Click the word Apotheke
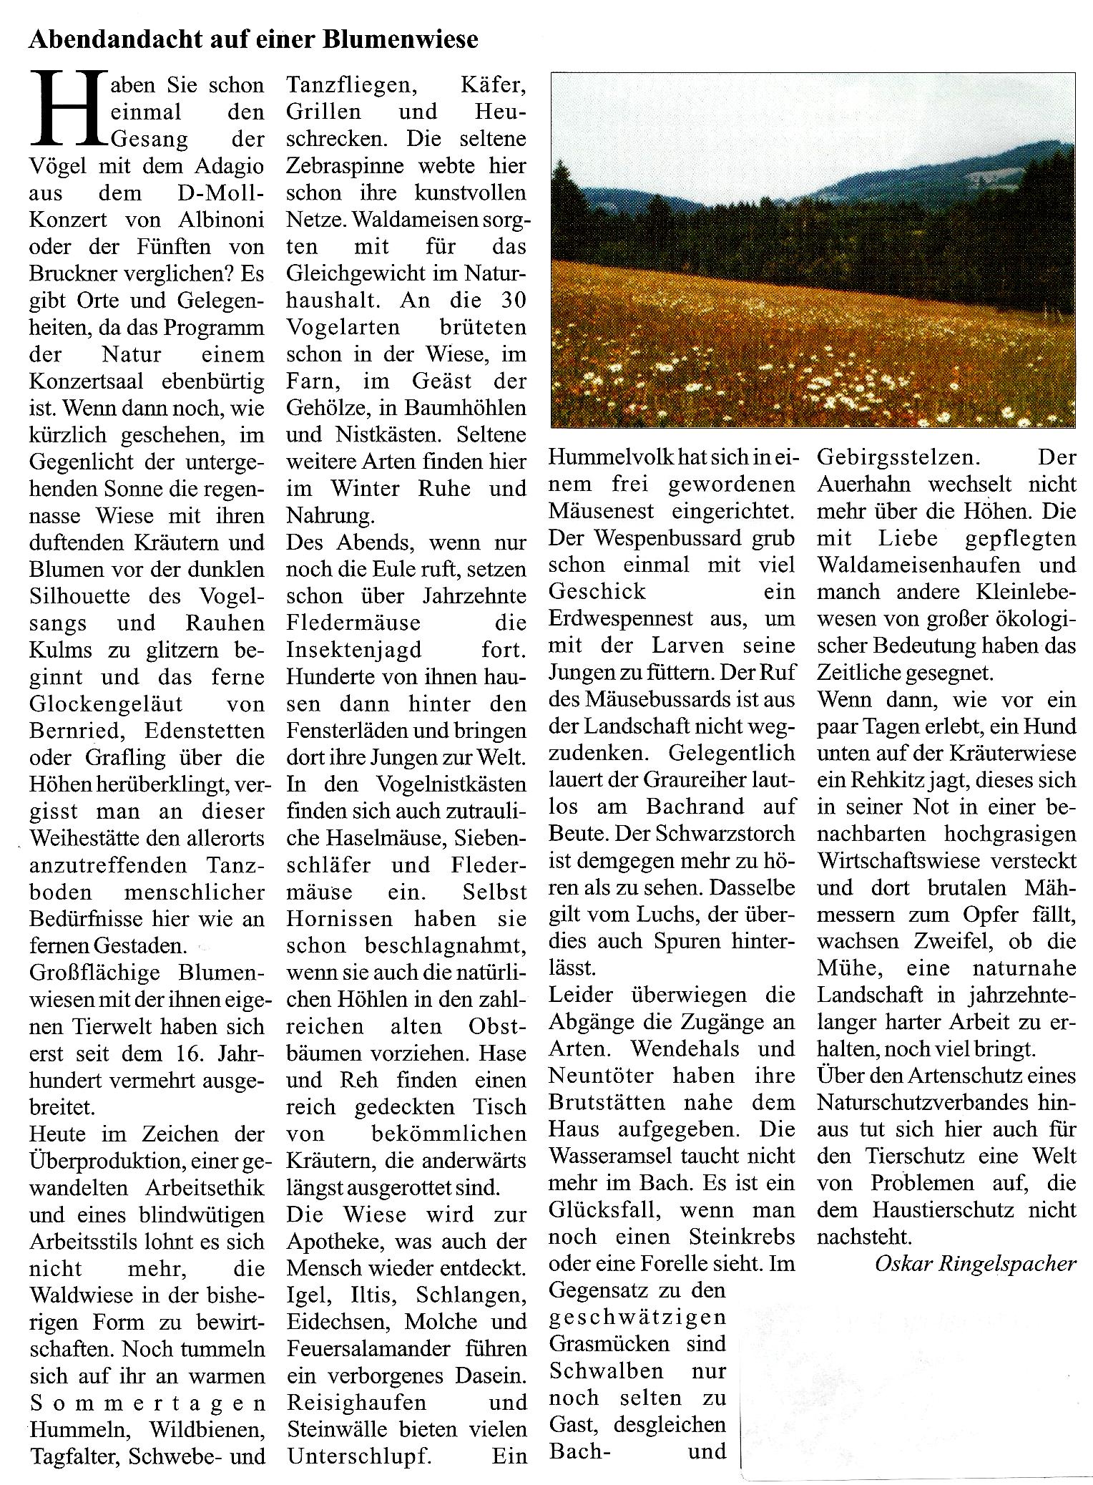point(336,1242)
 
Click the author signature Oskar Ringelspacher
point(975,1264)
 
